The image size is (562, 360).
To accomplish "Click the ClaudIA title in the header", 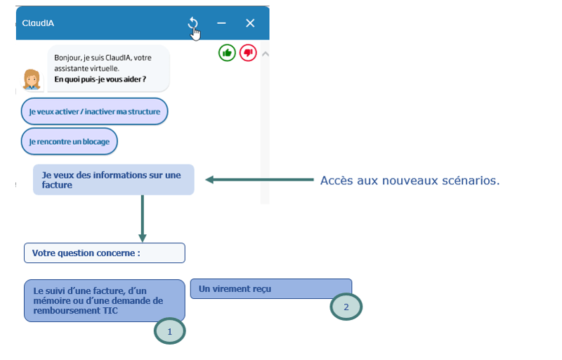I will (38, 23).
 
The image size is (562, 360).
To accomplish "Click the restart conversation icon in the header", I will (193, 24).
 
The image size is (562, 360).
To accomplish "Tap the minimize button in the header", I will (221, 23).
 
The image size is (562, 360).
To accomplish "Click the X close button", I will (250, 23).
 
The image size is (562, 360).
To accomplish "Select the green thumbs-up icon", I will (227, 52).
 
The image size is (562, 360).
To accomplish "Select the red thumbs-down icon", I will (248, 52).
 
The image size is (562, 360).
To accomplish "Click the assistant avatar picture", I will (32, 79).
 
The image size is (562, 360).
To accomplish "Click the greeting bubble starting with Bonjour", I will (109, 68).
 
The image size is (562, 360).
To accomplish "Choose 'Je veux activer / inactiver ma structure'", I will (95, 112).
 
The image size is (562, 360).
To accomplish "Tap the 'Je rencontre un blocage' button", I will (70, 141).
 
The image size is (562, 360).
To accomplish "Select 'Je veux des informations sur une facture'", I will (113, 180).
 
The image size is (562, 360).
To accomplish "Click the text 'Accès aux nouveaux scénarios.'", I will (410, 181).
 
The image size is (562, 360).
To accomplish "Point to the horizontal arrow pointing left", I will (260, 181).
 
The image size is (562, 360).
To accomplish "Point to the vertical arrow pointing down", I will (143, 218).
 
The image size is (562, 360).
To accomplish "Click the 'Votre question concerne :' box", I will (104, 253).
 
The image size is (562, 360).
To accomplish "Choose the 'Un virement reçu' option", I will (270, 288).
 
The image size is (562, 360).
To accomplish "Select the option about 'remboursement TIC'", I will (104, 300).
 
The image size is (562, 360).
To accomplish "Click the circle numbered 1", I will (169, 330).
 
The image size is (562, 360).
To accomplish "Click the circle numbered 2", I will (346, 307).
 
